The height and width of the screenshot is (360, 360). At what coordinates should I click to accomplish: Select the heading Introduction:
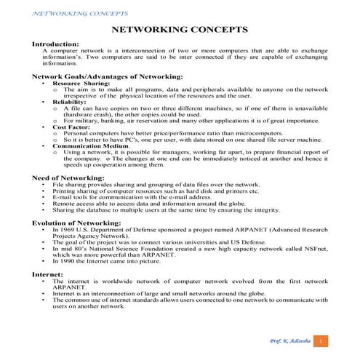pos(57,44)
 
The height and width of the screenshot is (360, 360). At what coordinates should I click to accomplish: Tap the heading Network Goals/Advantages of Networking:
pos(107,76)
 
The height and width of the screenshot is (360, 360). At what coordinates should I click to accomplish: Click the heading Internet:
pos(48,273)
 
